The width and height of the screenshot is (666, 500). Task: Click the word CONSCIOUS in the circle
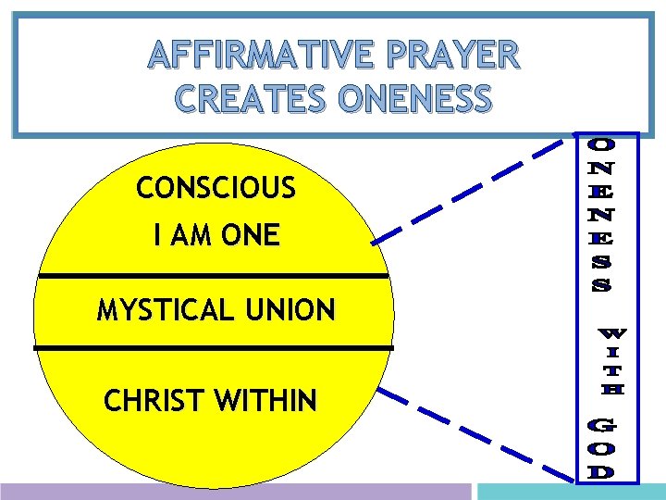(216, 189)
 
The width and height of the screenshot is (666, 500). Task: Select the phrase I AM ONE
(216, 236)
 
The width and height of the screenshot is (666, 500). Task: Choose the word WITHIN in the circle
(265, 401)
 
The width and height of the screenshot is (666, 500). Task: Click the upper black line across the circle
(213, 276)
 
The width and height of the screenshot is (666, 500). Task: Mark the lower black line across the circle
(213, 347)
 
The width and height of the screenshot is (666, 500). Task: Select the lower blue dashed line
(476, 435)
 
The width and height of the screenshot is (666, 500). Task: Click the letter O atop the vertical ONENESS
(599, 144)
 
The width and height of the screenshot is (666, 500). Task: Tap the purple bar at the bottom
(236, 492)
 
